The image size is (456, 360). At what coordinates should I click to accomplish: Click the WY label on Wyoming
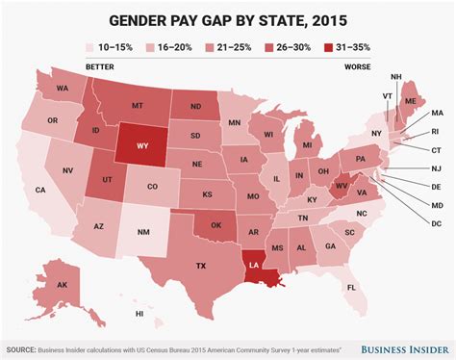click(x=136, y=149)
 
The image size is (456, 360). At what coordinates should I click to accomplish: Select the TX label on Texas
click(x=202, y=265)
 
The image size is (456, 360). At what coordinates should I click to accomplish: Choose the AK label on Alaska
click(x=62, y=286)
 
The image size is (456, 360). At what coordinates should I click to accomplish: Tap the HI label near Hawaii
click(x=139, y=314)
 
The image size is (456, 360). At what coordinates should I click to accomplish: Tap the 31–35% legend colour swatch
click(x=328, y=44)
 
